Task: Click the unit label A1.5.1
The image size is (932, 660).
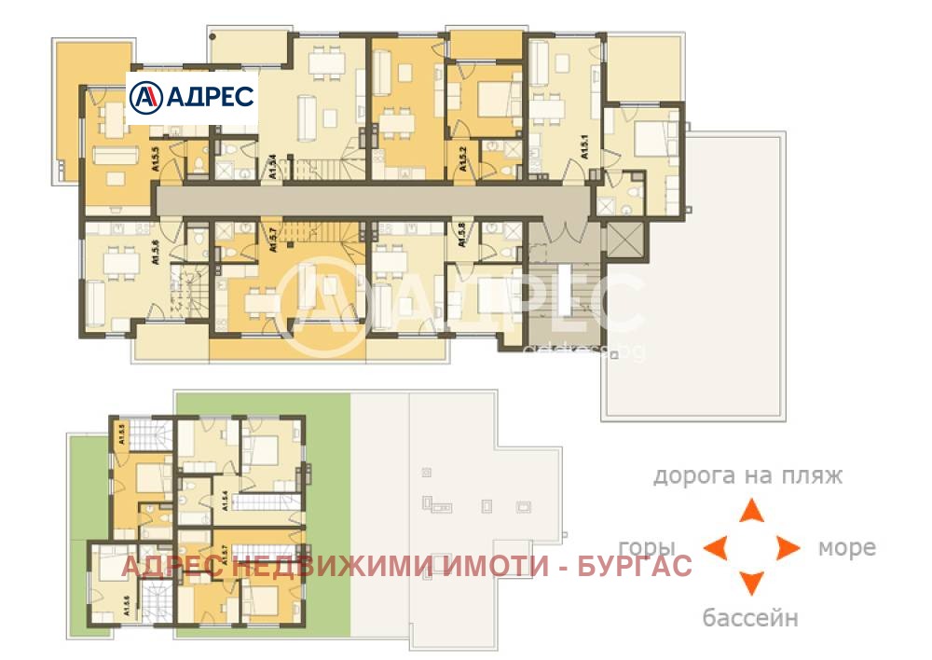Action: click(585, 147)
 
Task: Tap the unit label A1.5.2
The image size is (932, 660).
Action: click(463, 159)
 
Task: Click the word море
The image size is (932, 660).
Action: click(846, 547)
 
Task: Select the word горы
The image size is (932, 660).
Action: click(646, 547)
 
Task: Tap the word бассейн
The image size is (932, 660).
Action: click(750, 617)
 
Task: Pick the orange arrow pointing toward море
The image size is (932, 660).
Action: click(788, 547)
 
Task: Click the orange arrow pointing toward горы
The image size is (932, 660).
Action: click(715, 547)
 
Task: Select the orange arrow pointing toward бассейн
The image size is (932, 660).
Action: click(751, 584)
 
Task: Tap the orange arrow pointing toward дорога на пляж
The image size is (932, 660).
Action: click(751, 511)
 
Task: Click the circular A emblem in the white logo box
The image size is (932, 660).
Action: click(145, 96)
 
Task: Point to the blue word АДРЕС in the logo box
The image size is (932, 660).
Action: click(207, 96)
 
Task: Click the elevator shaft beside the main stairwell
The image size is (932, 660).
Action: click(623, 240)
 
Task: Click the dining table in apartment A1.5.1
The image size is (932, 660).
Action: click(550, 108)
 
